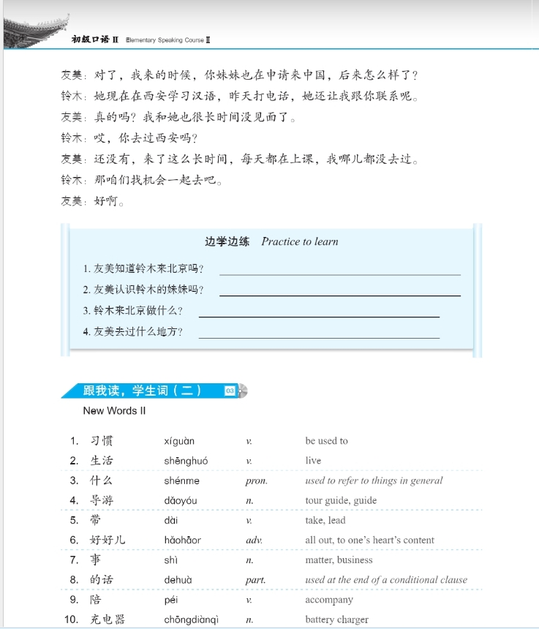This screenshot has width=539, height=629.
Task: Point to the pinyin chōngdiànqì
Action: (192, 619)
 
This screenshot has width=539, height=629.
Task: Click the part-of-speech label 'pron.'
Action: (256, 481)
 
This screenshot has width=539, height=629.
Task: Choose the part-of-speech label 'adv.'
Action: (254, 541)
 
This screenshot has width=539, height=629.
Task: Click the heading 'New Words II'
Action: (114, 411)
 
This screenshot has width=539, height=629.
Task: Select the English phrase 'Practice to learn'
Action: (300, 241)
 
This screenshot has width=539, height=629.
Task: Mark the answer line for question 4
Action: (319, 337)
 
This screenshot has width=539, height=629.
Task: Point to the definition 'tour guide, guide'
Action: (341, 501)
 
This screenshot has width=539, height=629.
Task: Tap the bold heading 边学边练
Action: (227, 241)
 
